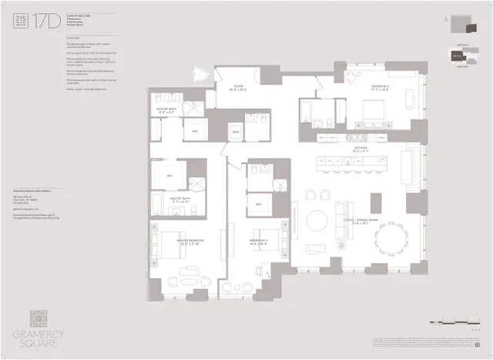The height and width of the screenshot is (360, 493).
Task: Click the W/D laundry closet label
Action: pos(236,133)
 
